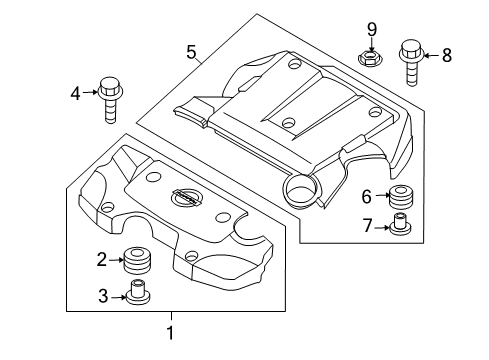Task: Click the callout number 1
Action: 170,333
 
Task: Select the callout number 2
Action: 102,259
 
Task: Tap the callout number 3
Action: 103,296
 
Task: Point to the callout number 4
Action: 76,93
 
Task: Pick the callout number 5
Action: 191,52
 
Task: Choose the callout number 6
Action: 367,196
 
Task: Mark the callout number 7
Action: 367,226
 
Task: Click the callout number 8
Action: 447,55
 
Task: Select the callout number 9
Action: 372,30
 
